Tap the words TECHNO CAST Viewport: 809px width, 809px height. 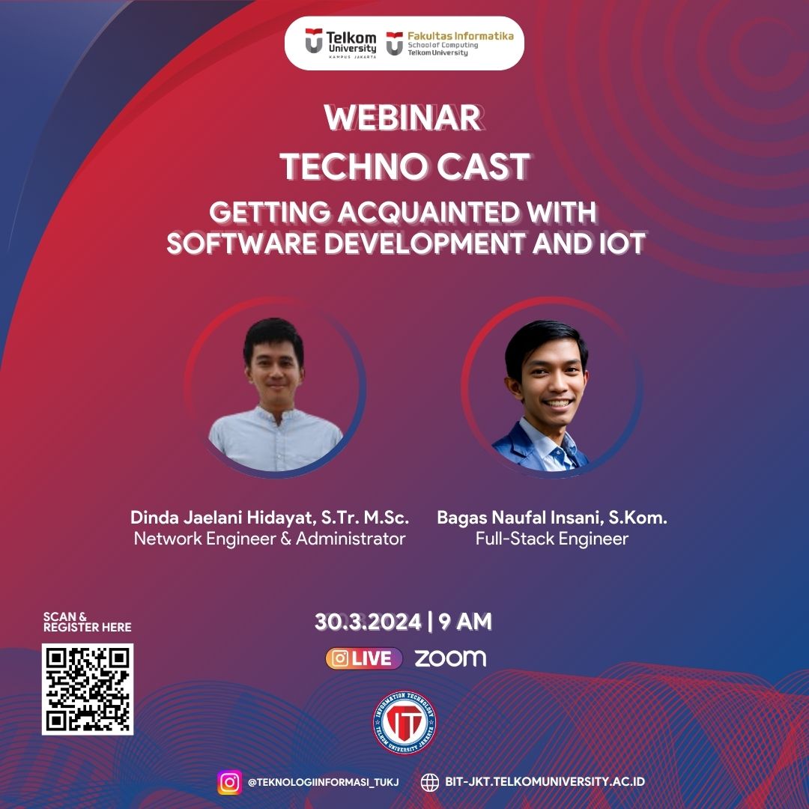tap(404, 166)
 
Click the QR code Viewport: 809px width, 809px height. tap(88, 688)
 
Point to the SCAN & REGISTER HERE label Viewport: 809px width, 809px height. tap(87, 622)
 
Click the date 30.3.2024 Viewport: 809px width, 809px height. tap(367, 622)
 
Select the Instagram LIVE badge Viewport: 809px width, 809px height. tap(364, 658)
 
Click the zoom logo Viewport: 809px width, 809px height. tap(450, 658)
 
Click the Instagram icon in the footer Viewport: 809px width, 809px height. tap(230, 782)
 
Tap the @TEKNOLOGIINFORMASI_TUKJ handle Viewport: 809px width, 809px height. tap(323, 782)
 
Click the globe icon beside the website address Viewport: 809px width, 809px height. tap(430, 782)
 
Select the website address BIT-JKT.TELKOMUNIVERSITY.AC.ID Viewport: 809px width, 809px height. tap(545, 782)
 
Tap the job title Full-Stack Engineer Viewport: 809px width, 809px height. tap(552, 539)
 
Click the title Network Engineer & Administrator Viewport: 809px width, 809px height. tap(270, 539)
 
